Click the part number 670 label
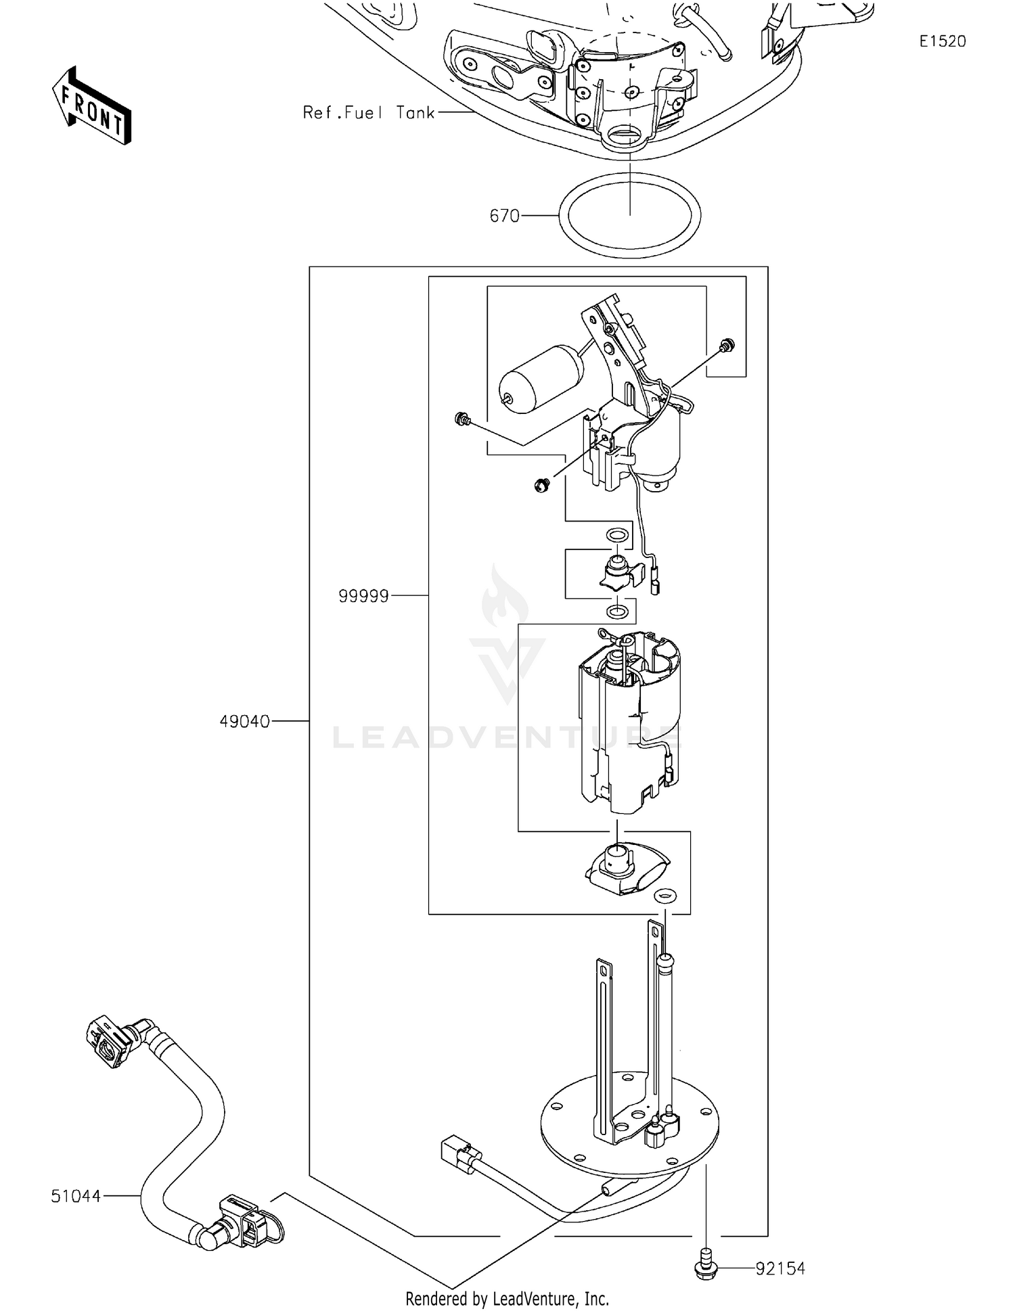504,216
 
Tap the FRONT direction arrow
92,106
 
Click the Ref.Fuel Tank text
368,113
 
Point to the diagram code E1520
942,41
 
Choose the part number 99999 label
363,596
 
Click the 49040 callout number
244,722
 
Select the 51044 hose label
76,1197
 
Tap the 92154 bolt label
780,1268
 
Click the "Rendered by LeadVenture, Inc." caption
507,1298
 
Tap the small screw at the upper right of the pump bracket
727,345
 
